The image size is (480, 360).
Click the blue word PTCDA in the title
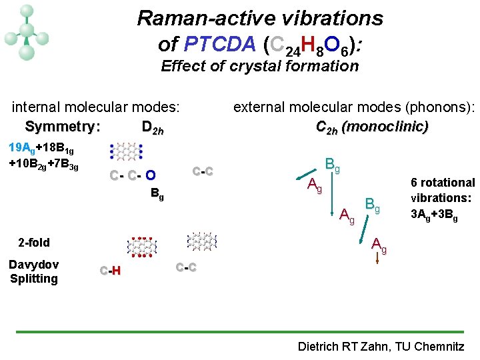pos(219,45)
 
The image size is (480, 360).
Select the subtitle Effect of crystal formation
pos(259,66)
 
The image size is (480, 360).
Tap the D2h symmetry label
pos(153,127)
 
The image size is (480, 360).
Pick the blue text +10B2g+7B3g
pos(43,164)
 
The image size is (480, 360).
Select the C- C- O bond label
pos(133,176)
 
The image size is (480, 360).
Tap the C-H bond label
pos(110,270)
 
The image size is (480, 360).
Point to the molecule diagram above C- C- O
pos(126,152)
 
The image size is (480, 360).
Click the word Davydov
pos(33,264)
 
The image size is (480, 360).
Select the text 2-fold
pos(34,242)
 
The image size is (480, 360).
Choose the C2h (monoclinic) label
pos(372,127)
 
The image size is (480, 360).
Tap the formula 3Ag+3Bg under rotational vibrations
pos(434,215)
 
